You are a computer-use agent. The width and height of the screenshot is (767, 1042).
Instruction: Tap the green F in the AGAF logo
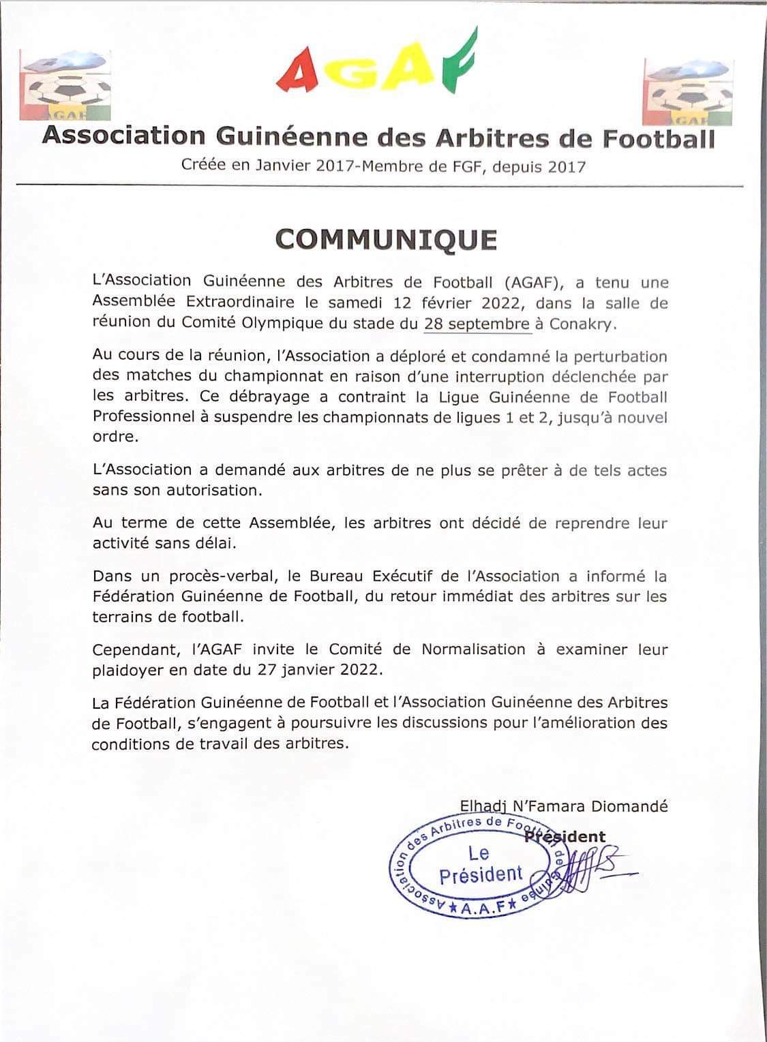tap(455, 63)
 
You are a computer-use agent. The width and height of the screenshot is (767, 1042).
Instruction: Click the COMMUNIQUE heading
tap(386, 239)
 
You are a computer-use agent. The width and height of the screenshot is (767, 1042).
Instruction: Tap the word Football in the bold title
tap(657, 138)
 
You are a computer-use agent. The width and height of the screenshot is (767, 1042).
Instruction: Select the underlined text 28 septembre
tap(477, 324)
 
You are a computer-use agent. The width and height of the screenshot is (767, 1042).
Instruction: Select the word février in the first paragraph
tap(447, 303)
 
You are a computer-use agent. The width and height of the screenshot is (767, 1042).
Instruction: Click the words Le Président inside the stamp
tap(480, 864)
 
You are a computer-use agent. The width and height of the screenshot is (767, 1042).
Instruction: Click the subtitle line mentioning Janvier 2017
tap(383, 166)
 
